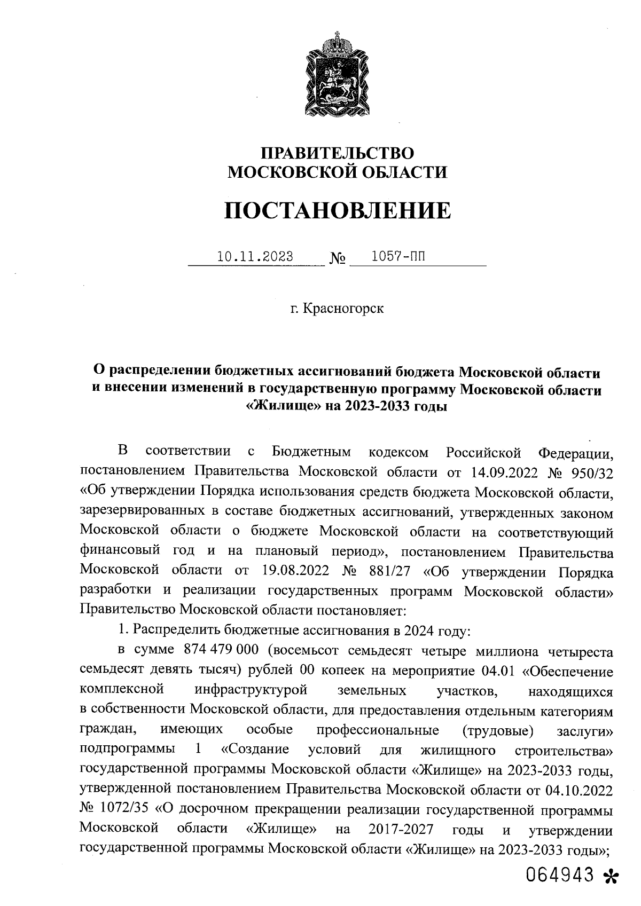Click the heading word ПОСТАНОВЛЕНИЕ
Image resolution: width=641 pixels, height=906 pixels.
pos(337,210)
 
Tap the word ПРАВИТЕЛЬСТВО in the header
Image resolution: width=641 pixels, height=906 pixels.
pos(337,153)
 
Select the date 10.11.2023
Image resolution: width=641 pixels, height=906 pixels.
pos(255,257)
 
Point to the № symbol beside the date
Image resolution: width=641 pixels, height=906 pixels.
pos(338,259)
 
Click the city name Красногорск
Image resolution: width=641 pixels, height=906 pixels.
pos(343,309)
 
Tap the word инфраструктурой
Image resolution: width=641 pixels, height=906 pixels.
pos(251,690)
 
